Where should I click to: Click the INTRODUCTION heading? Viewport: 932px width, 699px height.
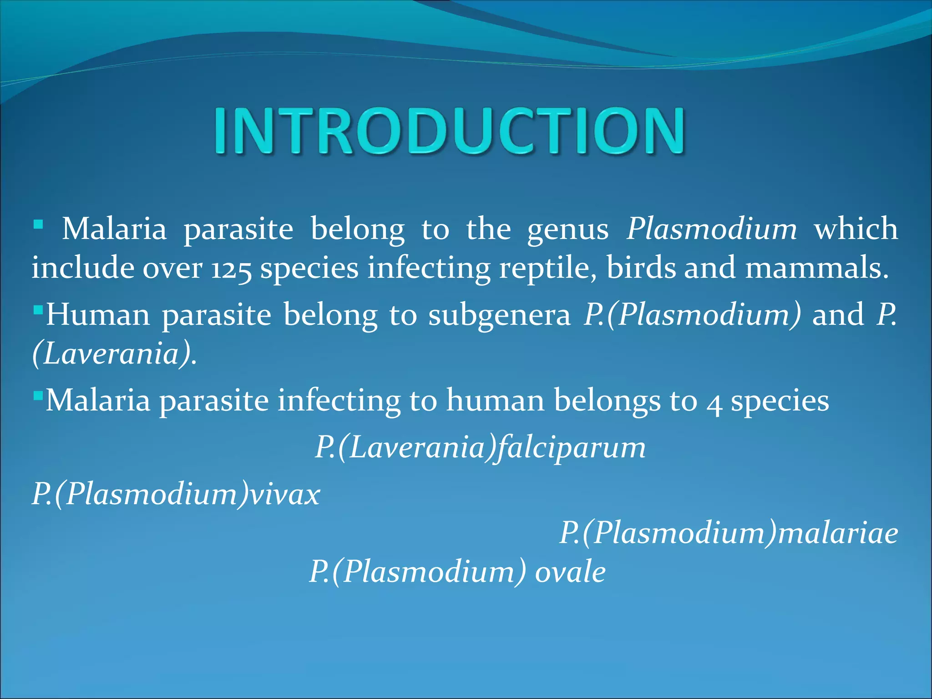point(449,131)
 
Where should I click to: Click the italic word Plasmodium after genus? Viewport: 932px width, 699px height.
point(711,228)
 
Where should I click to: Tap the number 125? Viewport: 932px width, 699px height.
point(231,268)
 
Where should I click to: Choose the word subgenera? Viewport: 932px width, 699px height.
point(499,315)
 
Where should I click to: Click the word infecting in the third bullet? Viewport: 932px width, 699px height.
point(339,401)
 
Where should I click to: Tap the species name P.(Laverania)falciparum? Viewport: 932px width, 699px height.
point(480,448)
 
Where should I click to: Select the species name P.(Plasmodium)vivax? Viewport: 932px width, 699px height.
point(176,494)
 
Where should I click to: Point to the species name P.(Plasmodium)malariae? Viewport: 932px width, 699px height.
point(728,533)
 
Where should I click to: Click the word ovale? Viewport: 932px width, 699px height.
point(570,572)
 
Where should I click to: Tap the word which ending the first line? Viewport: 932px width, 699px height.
point(856,228)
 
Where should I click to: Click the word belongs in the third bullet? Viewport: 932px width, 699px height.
point(607,401)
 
